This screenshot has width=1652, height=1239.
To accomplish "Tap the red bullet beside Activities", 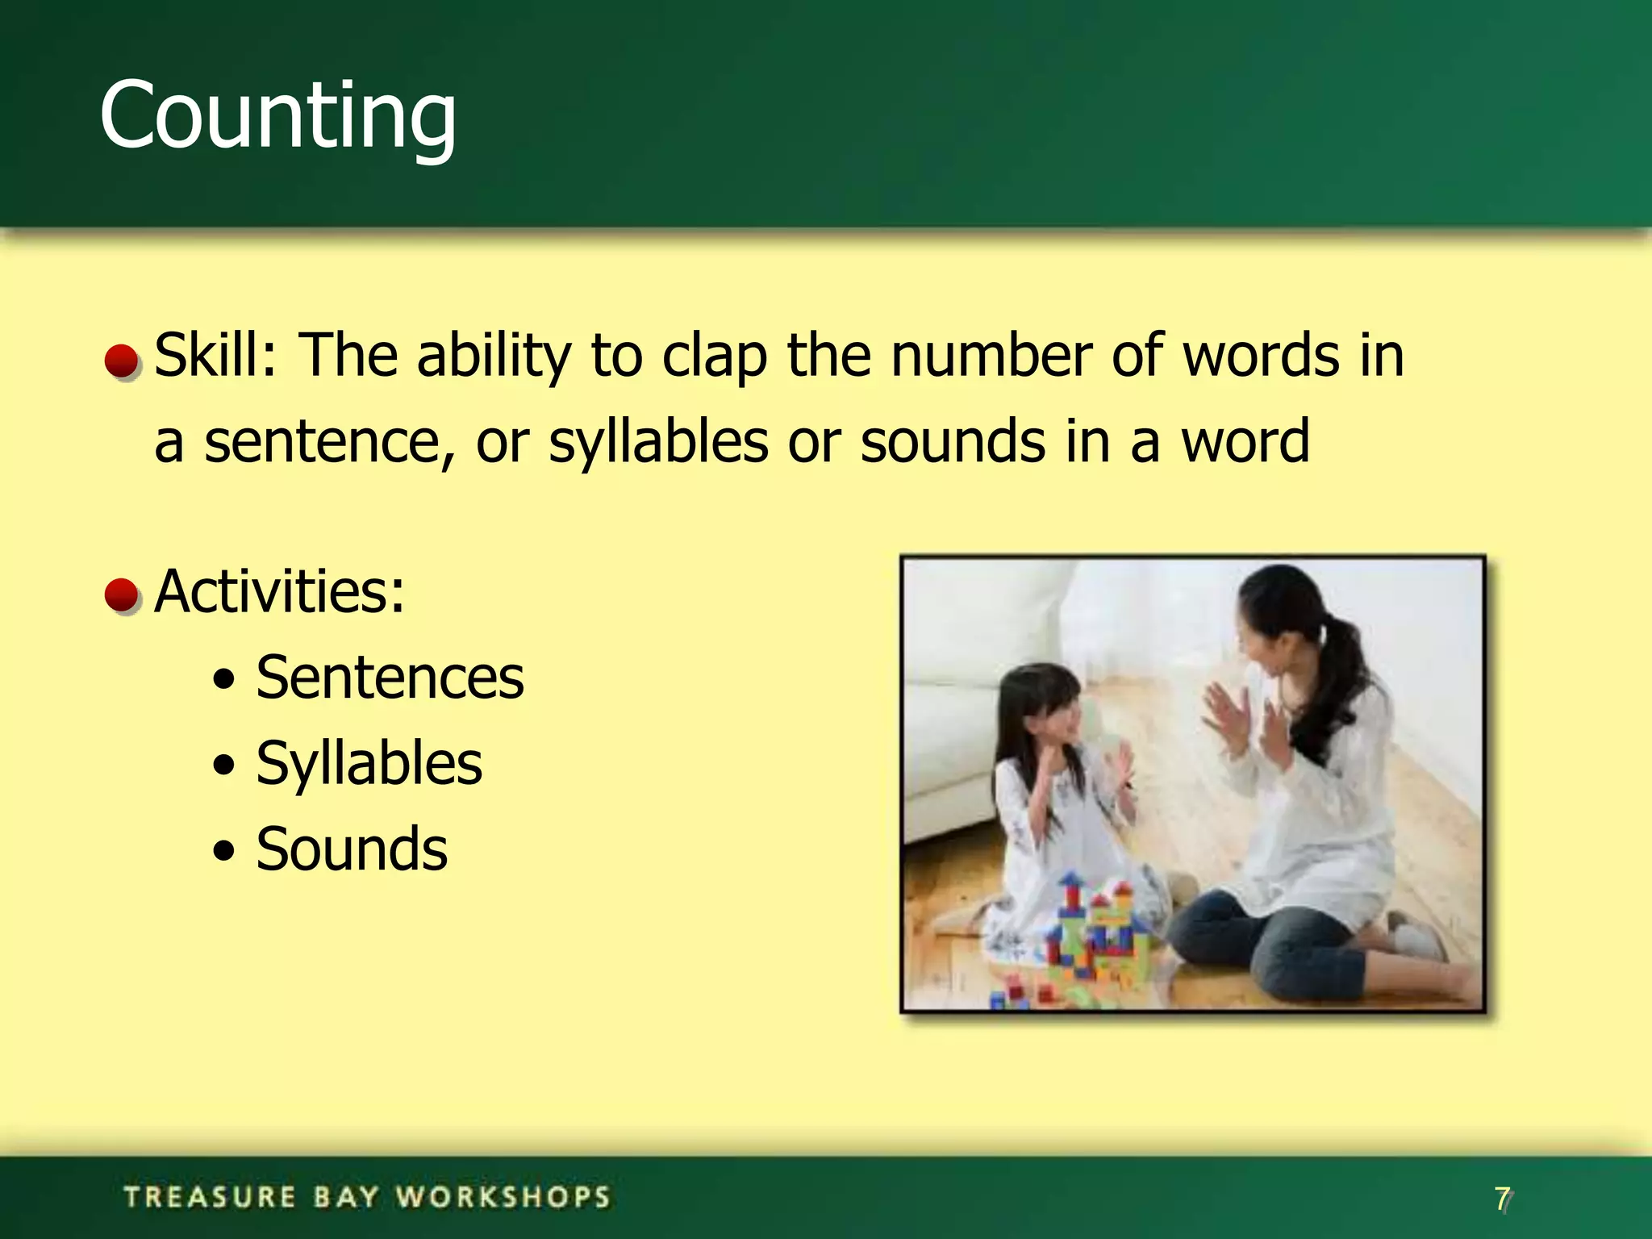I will coord(122,595).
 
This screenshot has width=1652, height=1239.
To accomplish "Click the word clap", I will coord(714,357).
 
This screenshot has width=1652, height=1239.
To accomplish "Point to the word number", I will coord(991,355).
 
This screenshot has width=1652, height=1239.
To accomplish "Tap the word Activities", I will coord(278,591).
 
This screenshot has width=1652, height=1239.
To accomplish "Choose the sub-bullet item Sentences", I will coord(390,678).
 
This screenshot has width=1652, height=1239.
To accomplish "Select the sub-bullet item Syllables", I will coord(369,763).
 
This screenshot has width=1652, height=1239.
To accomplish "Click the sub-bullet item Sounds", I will coord(352,849).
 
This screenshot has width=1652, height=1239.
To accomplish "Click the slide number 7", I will coord(1502,1199).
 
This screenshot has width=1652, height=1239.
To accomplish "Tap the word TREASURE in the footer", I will coord(210,1197).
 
